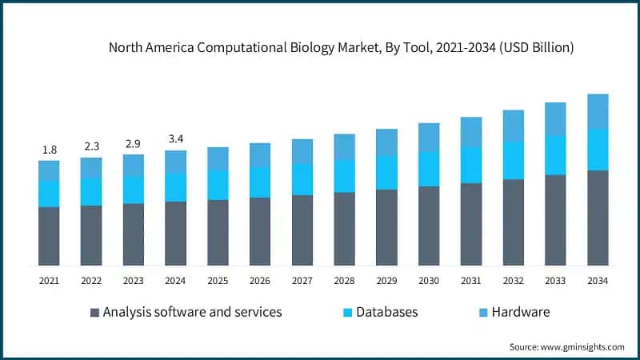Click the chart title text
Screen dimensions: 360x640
pos(342,48)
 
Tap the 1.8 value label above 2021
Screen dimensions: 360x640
pos(49,150)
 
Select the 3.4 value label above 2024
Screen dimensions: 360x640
pos(175,140)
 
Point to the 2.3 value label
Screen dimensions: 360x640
pos(91,146)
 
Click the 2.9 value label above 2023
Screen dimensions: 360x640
pos(133,143)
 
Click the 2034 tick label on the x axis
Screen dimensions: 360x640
pos(598,281)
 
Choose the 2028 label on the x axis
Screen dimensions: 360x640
pos(344,281)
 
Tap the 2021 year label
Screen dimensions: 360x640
pos(49,281)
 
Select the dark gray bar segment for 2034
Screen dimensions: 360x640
pos(598,218)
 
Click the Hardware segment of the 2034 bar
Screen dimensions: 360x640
pos(598,111)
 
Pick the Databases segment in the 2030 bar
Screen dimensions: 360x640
pos(429,169)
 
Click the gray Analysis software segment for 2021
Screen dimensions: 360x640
pos(49,236)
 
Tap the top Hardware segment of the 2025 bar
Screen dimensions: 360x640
pos(218,158)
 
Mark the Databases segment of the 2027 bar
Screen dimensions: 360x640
pos(302,179)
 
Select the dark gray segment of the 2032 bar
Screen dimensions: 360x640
pos(513,222)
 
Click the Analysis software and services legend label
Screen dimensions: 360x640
pos(192,312)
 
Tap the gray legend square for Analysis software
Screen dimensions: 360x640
pos(94,312)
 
